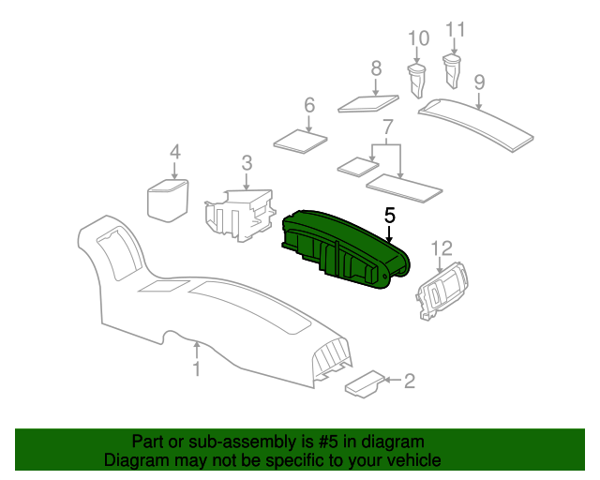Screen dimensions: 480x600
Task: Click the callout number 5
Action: click(390, 216)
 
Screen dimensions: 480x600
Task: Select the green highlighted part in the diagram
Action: click(347, 248)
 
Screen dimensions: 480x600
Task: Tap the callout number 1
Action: click(196, 369)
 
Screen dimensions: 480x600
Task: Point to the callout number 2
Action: click(408, 380)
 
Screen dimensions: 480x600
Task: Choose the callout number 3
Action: click(247, 164)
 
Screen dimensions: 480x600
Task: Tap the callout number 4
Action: click(173, 152)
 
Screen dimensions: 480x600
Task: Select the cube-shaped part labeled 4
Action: click(167, 199)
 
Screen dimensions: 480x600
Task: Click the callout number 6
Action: click(308, 106)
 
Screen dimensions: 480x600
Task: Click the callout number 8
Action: click(376, 67)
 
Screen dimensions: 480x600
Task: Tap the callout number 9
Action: click(479, 82)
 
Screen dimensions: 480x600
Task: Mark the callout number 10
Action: click(418, 38)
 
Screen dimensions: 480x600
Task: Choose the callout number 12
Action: click(442, 247)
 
